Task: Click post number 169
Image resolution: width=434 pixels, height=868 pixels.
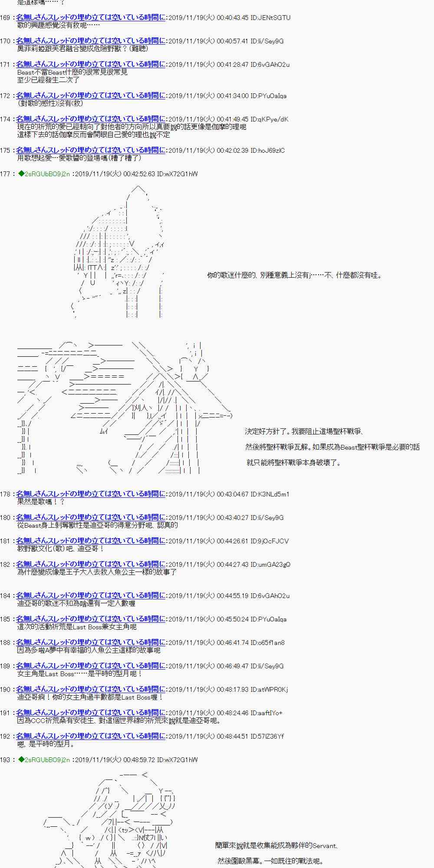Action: (x=5, y=18)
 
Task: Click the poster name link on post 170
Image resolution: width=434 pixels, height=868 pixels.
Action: (x=91, y=41)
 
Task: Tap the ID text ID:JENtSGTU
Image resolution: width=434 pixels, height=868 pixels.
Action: (x=270, y=18)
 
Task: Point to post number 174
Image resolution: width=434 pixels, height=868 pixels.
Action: (x=5, y=119)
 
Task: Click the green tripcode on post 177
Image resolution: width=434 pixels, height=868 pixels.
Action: (x=44, y=174)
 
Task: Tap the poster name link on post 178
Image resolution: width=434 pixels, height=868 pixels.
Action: (x=91, y=494)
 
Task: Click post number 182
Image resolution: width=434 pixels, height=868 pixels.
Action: (x=5, y=565)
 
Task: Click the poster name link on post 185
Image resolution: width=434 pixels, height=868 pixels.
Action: (x=91, y=619)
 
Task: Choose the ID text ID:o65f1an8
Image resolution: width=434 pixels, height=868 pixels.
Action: (x=268, y=643)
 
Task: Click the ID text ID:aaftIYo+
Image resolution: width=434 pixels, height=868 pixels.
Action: (x=267, y=713)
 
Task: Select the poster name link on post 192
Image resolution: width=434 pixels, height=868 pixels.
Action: (x=91, y=736)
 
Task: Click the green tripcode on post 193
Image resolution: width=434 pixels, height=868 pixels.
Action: (x=44, y=760)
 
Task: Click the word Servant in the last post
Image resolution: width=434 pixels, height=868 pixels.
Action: (x=324, y=845)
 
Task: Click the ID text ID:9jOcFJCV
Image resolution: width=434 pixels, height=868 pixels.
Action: (x=270, y=541)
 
